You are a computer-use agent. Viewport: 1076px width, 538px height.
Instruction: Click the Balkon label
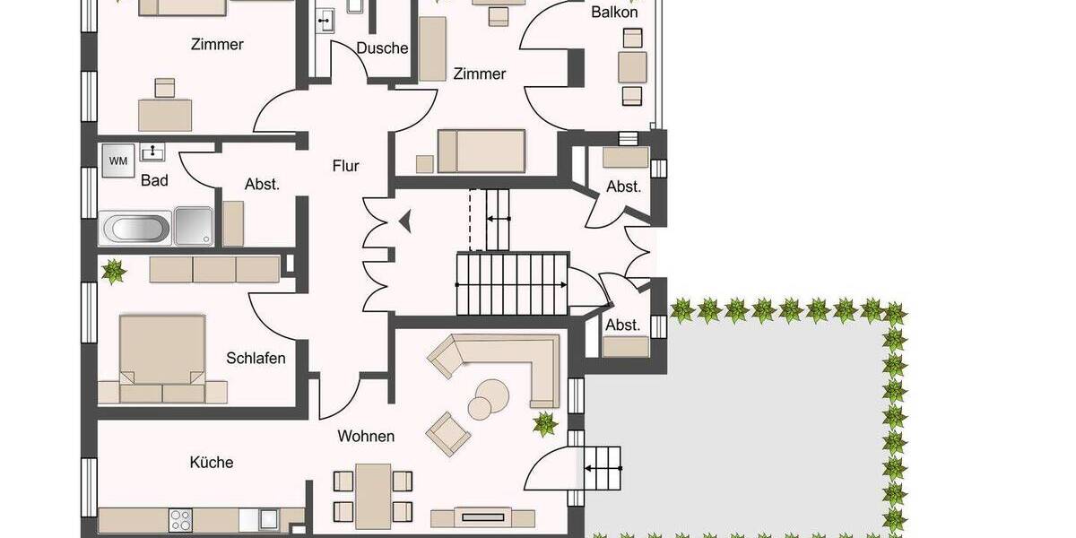tap(614, 13)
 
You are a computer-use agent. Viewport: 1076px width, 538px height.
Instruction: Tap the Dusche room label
tap(382, 48)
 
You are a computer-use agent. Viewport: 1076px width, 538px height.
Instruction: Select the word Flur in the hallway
tap(345, 166)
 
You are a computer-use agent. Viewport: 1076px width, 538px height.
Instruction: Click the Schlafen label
tap(256, 359)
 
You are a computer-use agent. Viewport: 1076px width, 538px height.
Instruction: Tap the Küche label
tap(212, 463)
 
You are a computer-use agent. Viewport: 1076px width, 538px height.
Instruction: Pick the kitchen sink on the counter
tap(266, 518)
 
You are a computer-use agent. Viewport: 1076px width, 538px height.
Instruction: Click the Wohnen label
tap(366, 437)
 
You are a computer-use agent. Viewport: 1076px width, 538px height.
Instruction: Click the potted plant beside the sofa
tap(543, 423)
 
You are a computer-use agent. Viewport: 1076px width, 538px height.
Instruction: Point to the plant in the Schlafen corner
tap(113, 271)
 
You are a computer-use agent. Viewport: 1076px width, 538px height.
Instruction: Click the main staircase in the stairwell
tap(511, 283)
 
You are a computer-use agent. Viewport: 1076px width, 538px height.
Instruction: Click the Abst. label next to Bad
tap(262, 185)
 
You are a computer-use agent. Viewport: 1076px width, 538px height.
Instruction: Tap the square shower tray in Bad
tap(194, 226)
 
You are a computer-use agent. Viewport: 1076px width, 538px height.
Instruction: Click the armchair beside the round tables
tap(447, 433)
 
